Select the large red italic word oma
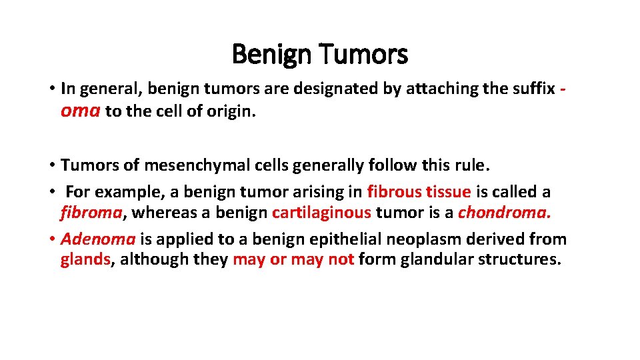coord(80,111)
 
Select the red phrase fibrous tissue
coord(419,192)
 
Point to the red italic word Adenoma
coord(98,239)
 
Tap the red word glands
coord(85,260)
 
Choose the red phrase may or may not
coord(293,260)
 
